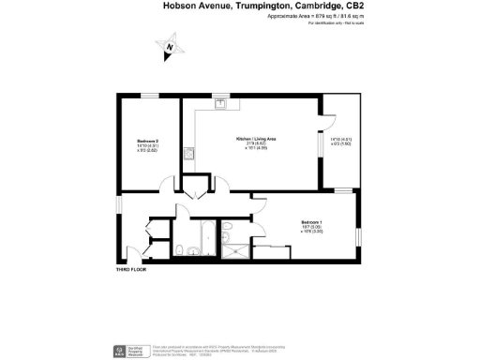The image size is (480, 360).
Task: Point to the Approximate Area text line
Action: pos(307,16)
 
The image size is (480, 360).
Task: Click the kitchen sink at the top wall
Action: pos(217,100)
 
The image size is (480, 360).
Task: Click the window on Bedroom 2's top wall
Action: pos(150,95)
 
